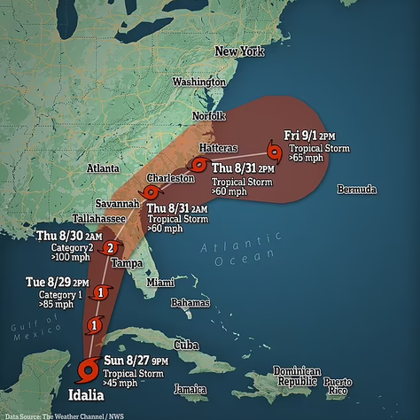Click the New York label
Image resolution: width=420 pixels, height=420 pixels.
[241, 52]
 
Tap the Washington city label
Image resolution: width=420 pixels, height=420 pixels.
[199, 82]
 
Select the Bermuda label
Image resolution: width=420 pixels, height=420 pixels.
[357, 190]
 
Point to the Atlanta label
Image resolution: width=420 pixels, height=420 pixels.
[104, 168]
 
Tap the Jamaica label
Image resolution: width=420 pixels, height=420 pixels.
[191, 389]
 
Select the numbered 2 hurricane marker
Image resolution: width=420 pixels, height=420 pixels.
[110, 247]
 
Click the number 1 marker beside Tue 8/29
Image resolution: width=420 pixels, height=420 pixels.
[102, 292]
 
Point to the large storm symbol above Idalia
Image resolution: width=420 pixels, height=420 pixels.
[88, 367]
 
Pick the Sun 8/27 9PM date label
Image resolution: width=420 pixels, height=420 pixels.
[135, 361]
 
